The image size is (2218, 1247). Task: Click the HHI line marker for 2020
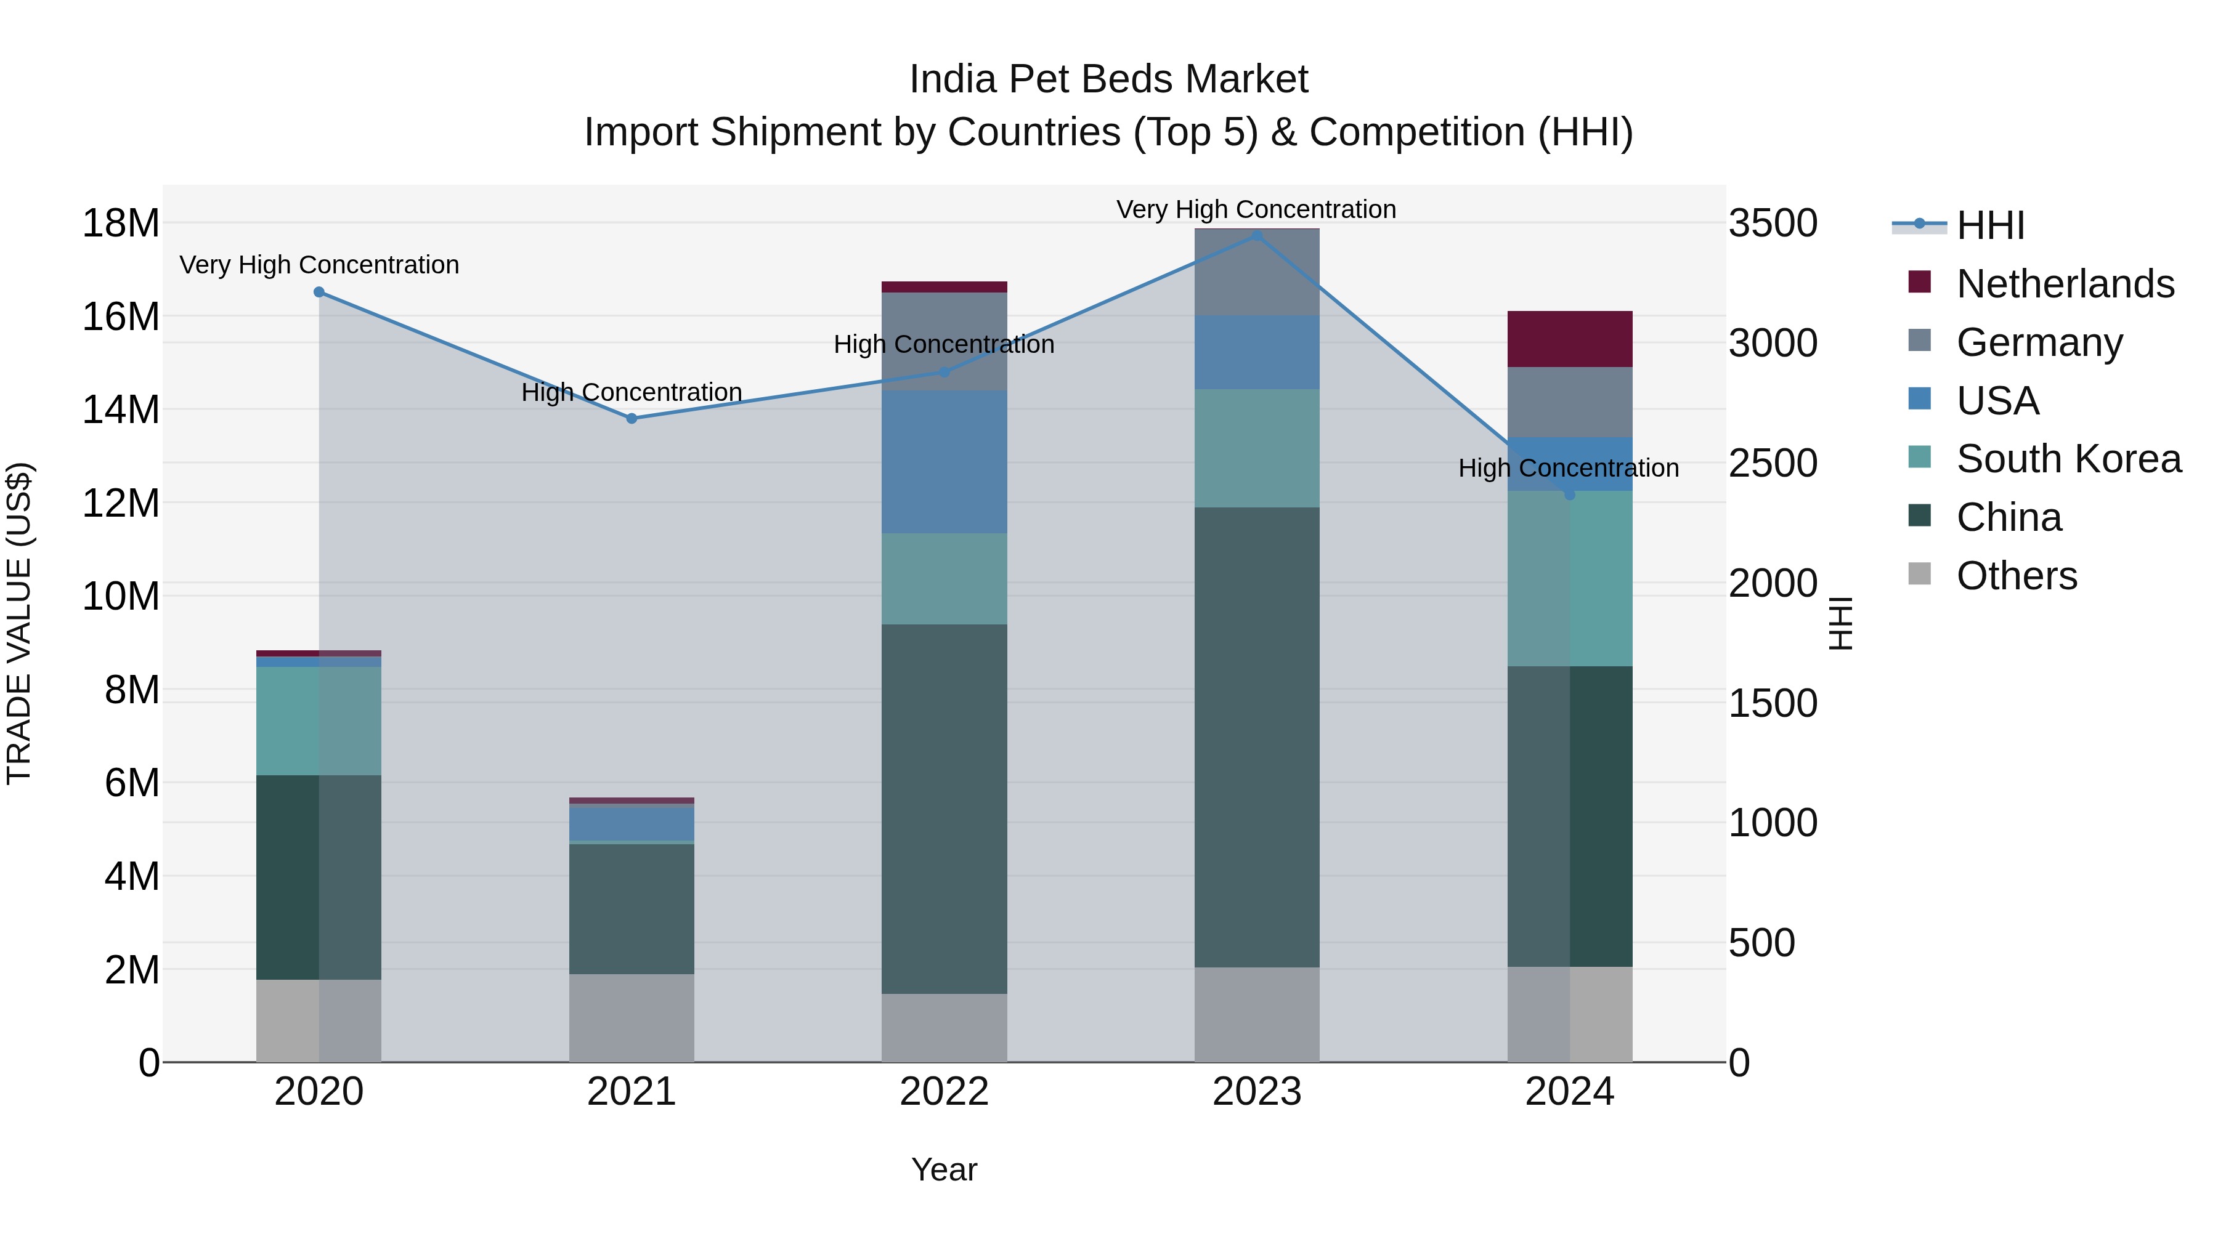coord(319,292)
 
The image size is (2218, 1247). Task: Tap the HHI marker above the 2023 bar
coord(1256,235)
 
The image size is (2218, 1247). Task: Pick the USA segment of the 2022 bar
coord(944,461)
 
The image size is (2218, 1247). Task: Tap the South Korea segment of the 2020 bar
coord(319,720)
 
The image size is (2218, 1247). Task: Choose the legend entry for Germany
coord(2039,342)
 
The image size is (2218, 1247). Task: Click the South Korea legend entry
coord(2068,459)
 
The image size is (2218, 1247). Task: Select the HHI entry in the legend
coord(1990,225)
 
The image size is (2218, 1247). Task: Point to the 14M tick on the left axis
coord(121,410)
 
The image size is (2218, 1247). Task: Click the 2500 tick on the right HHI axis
coord(1772,464)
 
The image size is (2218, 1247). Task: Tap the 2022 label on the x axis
coord(944,1092)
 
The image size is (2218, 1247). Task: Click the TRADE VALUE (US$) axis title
coord(19,623)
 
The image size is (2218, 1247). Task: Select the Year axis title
coord(944,1169)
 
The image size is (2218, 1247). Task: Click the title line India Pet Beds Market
coord(1108,79)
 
